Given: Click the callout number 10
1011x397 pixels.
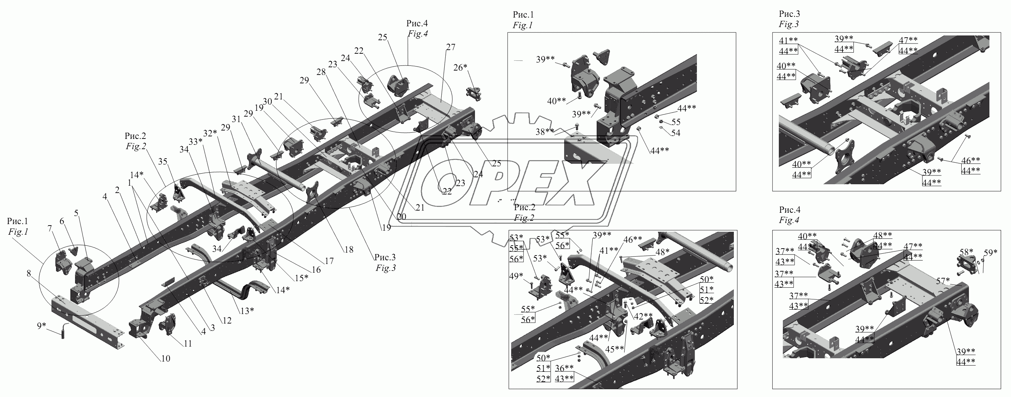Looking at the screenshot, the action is click(166, 359).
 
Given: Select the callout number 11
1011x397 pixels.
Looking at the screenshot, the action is click(188, 344).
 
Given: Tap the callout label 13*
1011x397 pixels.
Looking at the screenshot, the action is click(247, 311).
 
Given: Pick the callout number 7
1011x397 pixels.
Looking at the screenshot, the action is click(50, 229).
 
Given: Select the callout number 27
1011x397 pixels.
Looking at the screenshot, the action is click(450, 47).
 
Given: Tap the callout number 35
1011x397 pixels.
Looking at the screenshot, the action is click(162, 161).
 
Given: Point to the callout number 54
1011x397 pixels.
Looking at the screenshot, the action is click(675, 133).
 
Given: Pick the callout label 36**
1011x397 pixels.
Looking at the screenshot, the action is click(564, 368).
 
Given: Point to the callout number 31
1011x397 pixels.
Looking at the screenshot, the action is click(236, 118).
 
